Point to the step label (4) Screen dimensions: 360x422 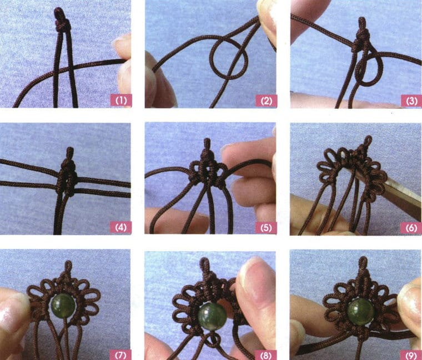point(120,227)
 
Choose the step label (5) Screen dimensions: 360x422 point(265,227)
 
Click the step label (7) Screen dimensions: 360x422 point(120,352)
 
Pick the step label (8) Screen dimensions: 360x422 point(265,352)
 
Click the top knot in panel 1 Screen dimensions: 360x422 point(61,21)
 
